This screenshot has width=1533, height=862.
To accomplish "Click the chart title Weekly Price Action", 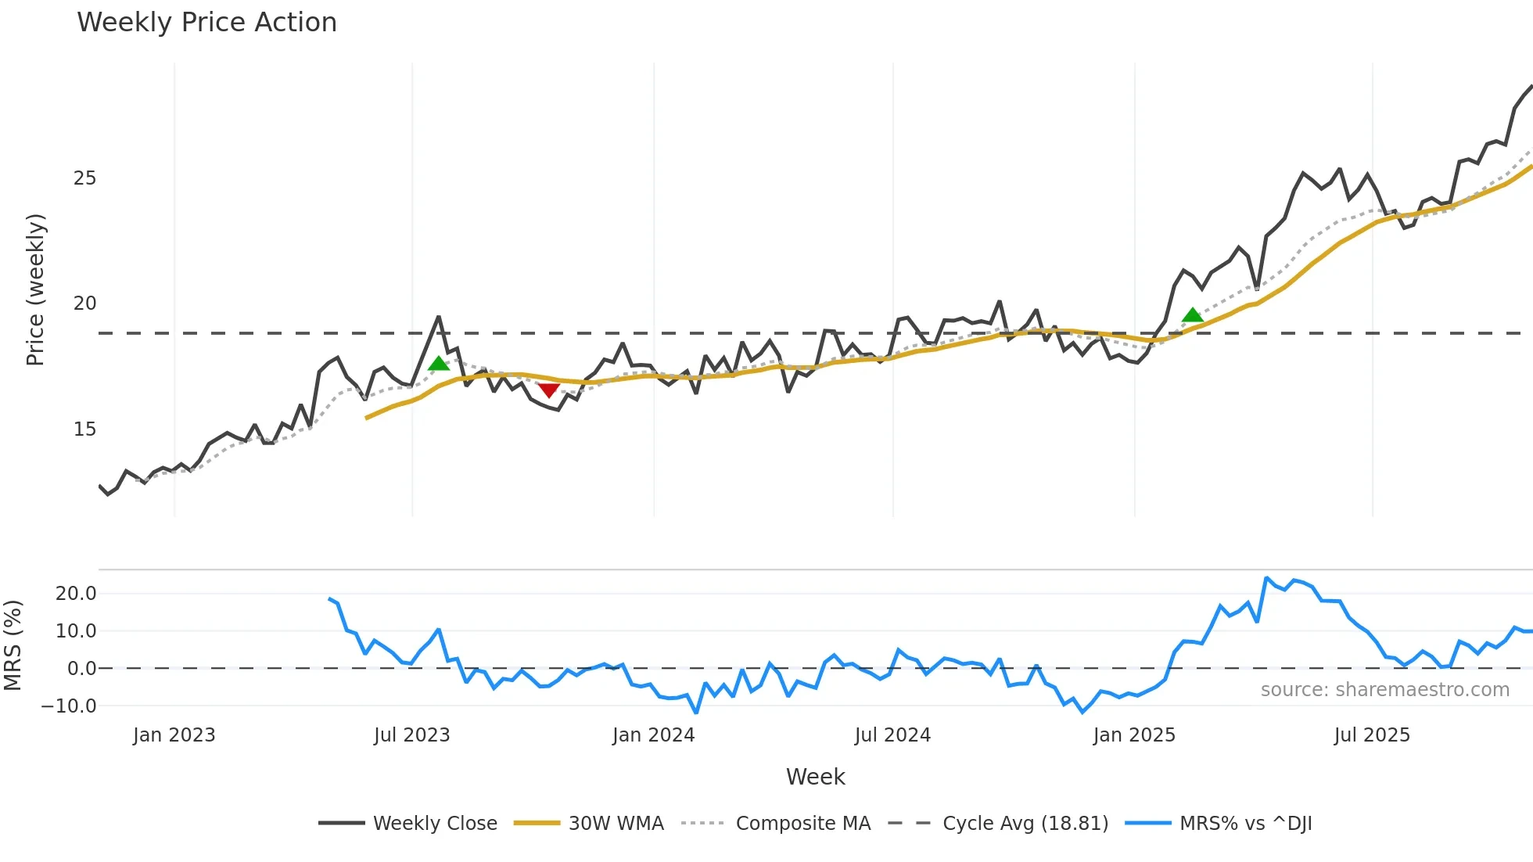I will click(206, 23).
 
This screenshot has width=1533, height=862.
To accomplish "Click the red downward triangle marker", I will click(548, 390).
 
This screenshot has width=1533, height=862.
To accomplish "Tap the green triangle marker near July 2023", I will click(439, 363).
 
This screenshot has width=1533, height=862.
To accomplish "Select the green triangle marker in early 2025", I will click(1192, 315).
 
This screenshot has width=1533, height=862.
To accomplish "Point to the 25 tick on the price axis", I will click(84, 178).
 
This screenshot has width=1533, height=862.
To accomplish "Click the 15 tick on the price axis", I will click(84, 429).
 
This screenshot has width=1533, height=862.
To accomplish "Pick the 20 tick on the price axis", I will click(84, 303).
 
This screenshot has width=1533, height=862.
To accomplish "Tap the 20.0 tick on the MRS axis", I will click(76, 593).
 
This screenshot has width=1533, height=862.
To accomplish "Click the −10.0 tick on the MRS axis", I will click(69, 706).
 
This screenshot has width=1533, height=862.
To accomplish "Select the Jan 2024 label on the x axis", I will click(653, 735).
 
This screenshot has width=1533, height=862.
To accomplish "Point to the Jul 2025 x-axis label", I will click(1372, 735).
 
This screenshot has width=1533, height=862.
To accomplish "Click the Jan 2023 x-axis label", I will click(174, 735).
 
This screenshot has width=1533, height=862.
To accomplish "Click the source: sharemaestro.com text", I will click(1384, 690).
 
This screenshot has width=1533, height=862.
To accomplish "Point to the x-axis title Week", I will click(815, 777).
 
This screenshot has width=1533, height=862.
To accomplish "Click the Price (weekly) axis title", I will click(36, 289).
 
